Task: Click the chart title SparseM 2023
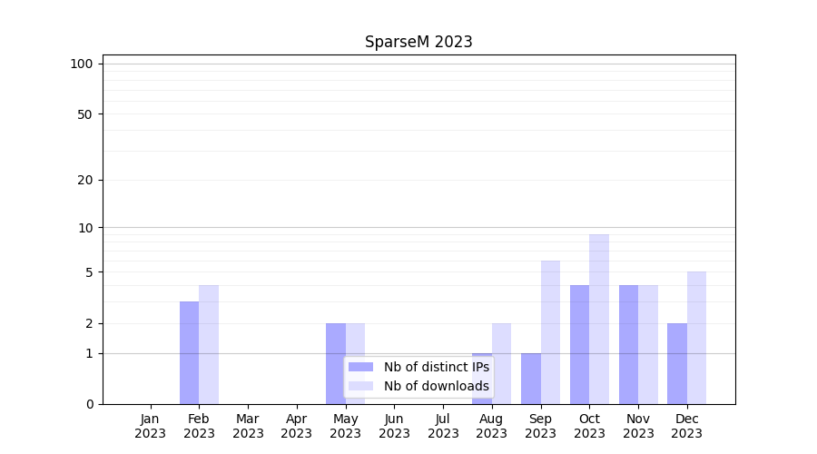[x=418, y=42]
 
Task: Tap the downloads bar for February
[x=209, y=344]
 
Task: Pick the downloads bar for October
[x=599, y=319]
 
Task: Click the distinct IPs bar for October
[x=579, y=344]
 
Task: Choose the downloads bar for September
[x=550, y=332]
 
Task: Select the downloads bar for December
[x=696, y=338]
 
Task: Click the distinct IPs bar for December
[x=677, y=363]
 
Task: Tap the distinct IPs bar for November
[x=628, y=344]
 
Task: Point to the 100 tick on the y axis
[x=82, y=64]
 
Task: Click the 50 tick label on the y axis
[x=85, y=114]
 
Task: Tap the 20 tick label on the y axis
[x=85, y=180]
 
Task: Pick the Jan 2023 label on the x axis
[x=151, y=426]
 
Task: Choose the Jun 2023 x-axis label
[x=394, y=426]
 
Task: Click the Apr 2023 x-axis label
[x=297, y=426]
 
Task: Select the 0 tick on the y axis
[x=89, y=404]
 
